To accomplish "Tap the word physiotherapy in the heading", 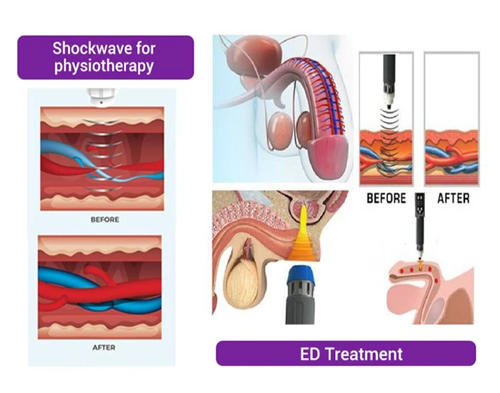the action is click(104, 66).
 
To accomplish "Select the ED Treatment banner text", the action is click(351, 354).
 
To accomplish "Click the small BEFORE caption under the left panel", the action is click(105, 219).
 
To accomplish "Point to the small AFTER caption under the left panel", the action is click(104, 347).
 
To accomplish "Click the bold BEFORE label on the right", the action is click(386, 198).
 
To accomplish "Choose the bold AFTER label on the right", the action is click(453, 198).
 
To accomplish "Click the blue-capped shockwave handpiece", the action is click(300, 294).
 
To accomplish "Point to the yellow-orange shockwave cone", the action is click(302, 236).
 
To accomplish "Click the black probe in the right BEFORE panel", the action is click(389, 80).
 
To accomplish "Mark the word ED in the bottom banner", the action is click(309, 354).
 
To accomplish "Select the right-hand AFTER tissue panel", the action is click(452, 119).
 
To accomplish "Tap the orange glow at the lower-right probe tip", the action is click(420, 264).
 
